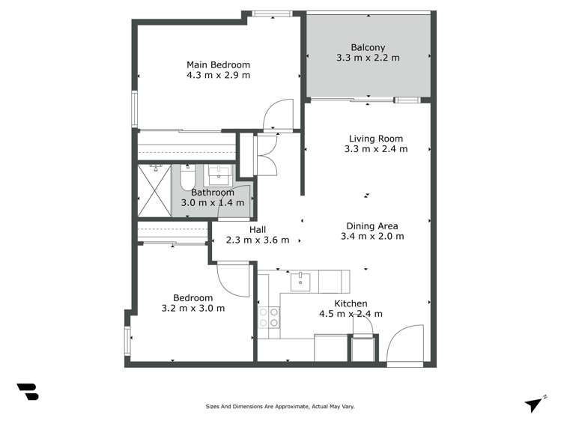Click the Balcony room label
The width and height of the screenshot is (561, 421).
[368, 46]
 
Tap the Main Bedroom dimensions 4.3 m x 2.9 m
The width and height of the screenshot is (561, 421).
[218, 76]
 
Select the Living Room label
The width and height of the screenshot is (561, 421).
[375, 139]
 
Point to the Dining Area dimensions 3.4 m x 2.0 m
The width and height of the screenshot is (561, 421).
[372, 237]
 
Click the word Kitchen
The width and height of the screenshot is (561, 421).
[350, 303]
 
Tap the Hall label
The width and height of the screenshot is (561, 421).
[257, 230]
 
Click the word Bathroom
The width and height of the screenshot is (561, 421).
[212, 193]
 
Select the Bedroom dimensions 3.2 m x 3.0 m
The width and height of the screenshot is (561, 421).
[192, 308]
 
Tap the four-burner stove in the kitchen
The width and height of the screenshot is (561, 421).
[269, 318]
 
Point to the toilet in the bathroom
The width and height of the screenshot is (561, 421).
[187, 177]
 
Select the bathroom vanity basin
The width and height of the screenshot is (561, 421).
[219, 175]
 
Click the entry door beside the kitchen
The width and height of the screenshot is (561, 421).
[402, 345]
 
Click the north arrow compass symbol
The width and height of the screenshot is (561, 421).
[533, 405]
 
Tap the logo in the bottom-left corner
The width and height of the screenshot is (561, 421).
[27, 393]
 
